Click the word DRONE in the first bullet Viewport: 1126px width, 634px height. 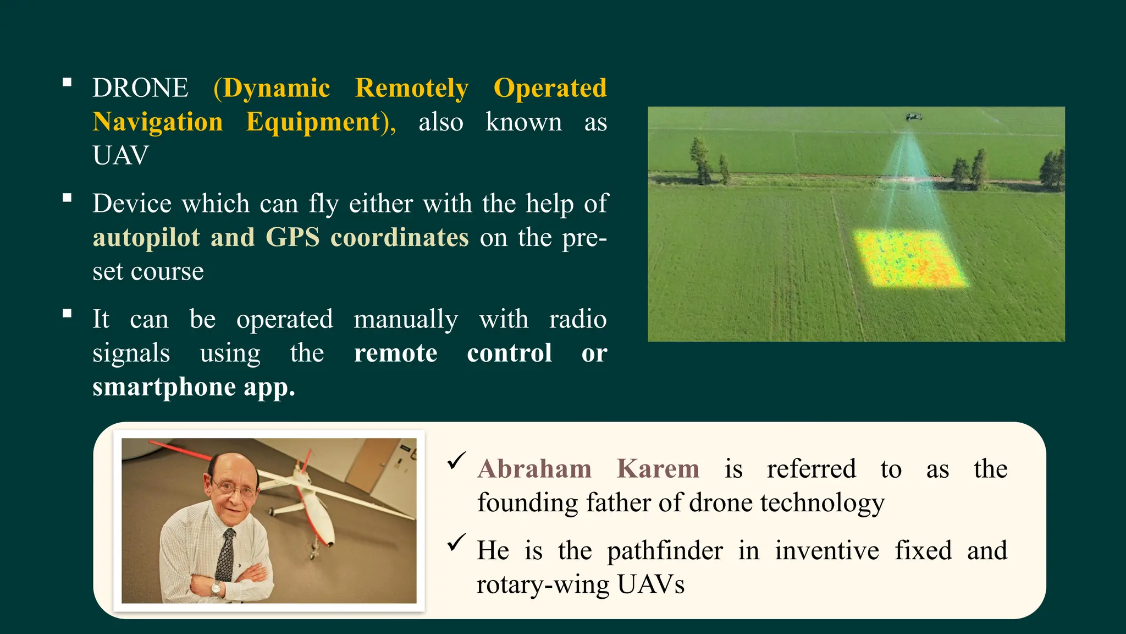[x=140, y=88]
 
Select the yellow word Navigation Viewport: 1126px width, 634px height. [x=158, y=122]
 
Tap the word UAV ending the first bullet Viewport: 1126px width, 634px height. [x=120, y=156]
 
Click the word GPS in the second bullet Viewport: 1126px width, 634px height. [x=292, y=238]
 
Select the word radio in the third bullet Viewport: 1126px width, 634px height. [x=577, y=319]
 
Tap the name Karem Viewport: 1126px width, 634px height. [x=658, y=469]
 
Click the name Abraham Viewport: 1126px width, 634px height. [x=534, y=469]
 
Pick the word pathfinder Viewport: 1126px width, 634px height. [x=665, y=551]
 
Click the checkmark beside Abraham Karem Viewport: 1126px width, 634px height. [x=456, y=461]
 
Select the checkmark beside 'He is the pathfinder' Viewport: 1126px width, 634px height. [x=456, y=543]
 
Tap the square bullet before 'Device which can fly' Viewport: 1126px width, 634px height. [x=67, y=198]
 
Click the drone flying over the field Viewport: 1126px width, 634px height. [x=913, y=117]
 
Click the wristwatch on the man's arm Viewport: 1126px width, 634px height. [x=216, y=588]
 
